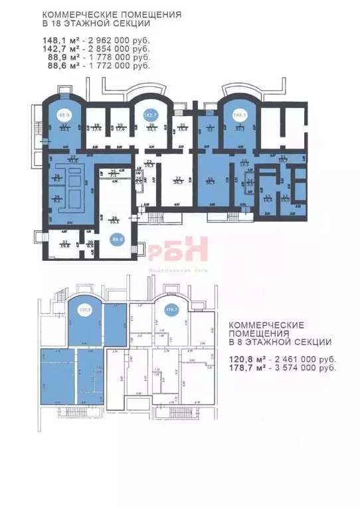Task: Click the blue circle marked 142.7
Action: (150, 115)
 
